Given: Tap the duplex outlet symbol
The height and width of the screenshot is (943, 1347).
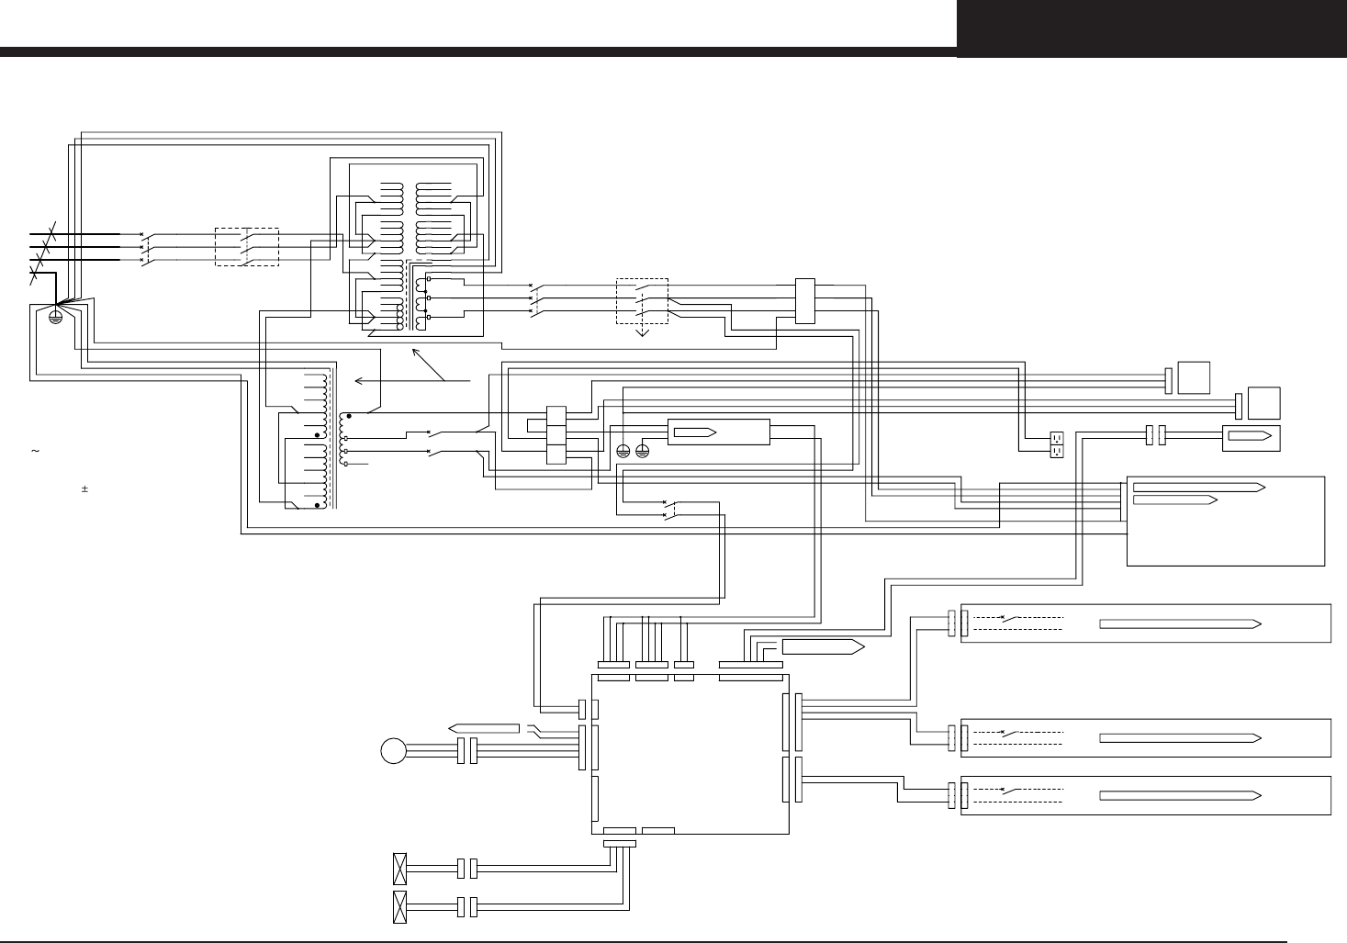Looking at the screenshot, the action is click(1056, 444).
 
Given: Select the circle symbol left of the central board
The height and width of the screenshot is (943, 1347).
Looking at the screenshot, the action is click(393, 751).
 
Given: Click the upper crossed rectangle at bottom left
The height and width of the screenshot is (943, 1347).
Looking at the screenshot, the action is click(399, 866).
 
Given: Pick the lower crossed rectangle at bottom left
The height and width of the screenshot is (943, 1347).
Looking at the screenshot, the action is click(399, 906).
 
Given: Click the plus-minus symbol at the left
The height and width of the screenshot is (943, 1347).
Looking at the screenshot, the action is click(84, 489).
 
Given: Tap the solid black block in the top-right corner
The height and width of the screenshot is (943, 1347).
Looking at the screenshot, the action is click(1151, 28).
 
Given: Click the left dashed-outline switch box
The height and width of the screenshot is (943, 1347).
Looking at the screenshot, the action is click(246, 246).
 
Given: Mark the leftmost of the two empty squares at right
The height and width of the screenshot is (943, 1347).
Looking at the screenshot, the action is click(1194, 377).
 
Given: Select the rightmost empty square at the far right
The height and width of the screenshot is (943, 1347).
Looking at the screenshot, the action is click(1263, 403).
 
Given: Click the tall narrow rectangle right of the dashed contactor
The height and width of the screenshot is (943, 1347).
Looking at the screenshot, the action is click(804, 300).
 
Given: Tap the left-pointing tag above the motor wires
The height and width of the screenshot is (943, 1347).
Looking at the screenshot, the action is click(484, 728).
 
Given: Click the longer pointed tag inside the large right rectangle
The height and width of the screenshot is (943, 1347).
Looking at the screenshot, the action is click(1198, 486).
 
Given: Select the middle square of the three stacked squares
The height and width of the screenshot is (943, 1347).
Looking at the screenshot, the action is click(556, 435).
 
